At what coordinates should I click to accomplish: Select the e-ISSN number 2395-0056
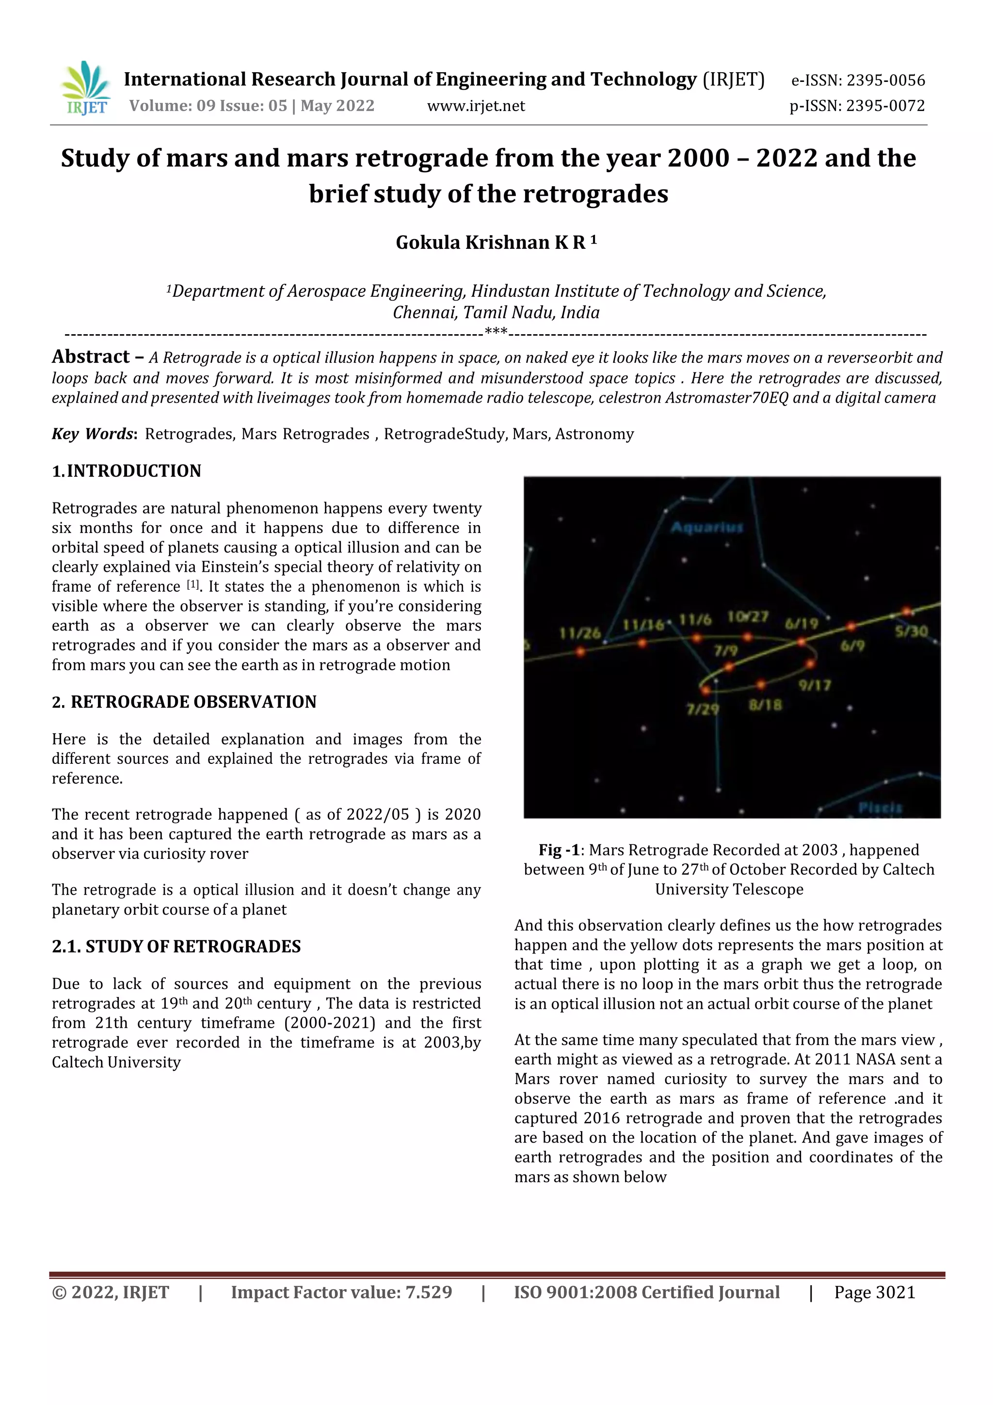(885, 80)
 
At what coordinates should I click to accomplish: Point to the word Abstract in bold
(91, 357)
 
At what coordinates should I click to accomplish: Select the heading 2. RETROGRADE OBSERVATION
(184, 701)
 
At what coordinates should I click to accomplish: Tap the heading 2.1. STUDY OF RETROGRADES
(176, 946)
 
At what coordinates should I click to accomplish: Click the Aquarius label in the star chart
(706, 528)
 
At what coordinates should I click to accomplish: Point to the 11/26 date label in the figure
(579, 633)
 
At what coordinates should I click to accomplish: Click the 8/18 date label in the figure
(766, 705)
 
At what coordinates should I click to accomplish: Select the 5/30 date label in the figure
(911, 631)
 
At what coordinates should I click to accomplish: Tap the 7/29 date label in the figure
(703, 709)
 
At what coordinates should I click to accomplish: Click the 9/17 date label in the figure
(815, 685)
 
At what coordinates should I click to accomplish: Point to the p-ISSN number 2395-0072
(885, 106)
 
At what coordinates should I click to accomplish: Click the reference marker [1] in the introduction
(193, 584)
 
